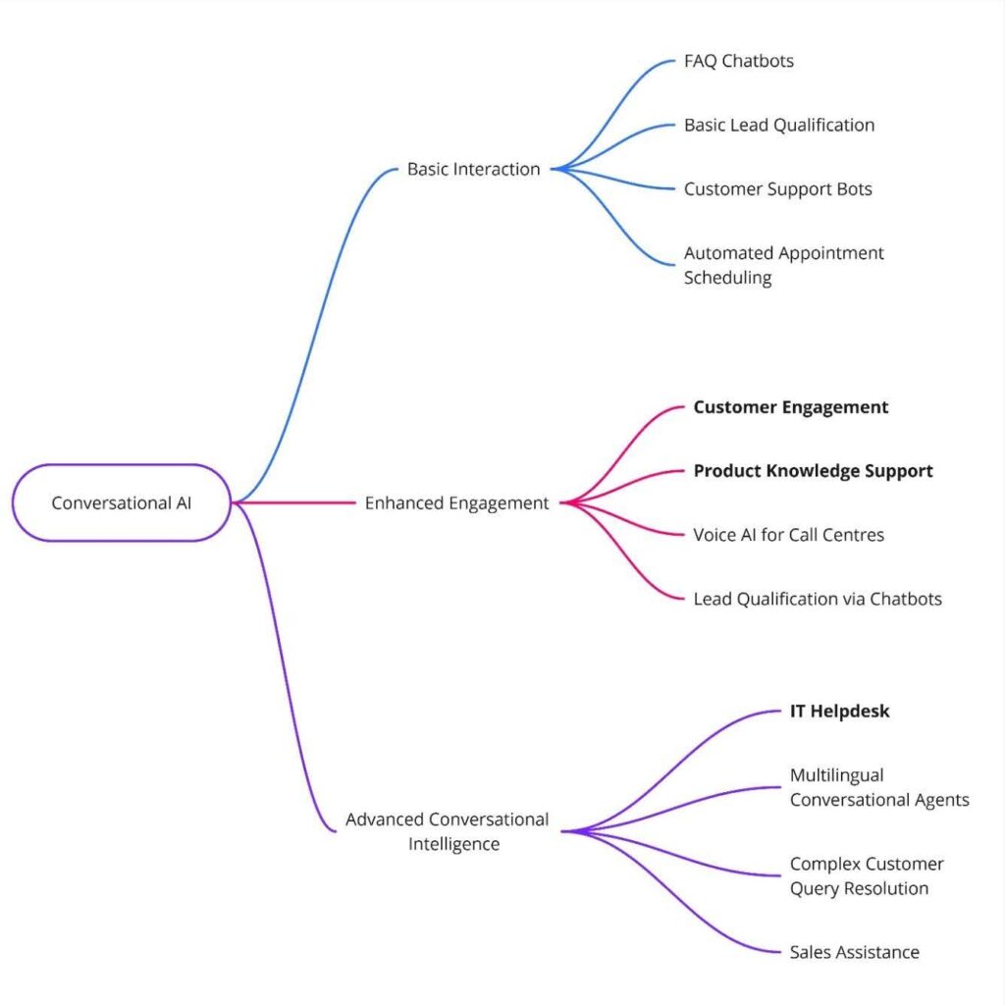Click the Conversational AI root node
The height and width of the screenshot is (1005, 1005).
click(122, 502)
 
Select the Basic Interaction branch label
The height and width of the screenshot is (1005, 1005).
click(474, 169)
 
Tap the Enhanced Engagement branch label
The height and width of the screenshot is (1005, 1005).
click(457, 502)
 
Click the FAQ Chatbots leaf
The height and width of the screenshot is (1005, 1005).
click(739, 61)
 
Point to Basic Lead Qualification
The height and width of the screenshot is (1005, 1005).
click(779, 125)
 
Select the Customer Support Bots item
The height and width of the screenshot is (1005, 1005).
click(778, 188)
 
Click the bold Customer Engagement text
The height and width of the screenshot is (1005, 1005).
click(791, 407)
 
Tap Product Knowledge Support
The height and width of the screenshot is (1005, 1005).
click(813, 471)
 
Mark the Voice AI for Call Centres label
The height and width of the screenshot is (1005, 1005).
click(789, 535)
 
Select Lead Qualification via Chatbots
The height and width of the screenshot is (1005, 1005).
click(818, 599)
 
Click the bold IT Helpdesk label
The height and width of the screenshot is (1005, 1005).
click(840, 712)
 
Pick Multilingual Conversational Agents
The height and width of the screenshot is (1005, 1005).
click(879, 788)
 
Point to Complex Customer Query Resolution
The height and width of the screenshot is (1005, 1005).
click(867, 876)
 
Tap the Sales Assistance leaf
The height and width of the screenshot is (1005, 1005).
click(855, 952)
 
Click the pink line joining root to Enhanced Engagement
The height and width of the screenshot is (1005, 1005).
click(294, 502)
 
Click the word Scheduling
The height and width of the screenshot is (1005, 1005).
click(728, 278)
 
